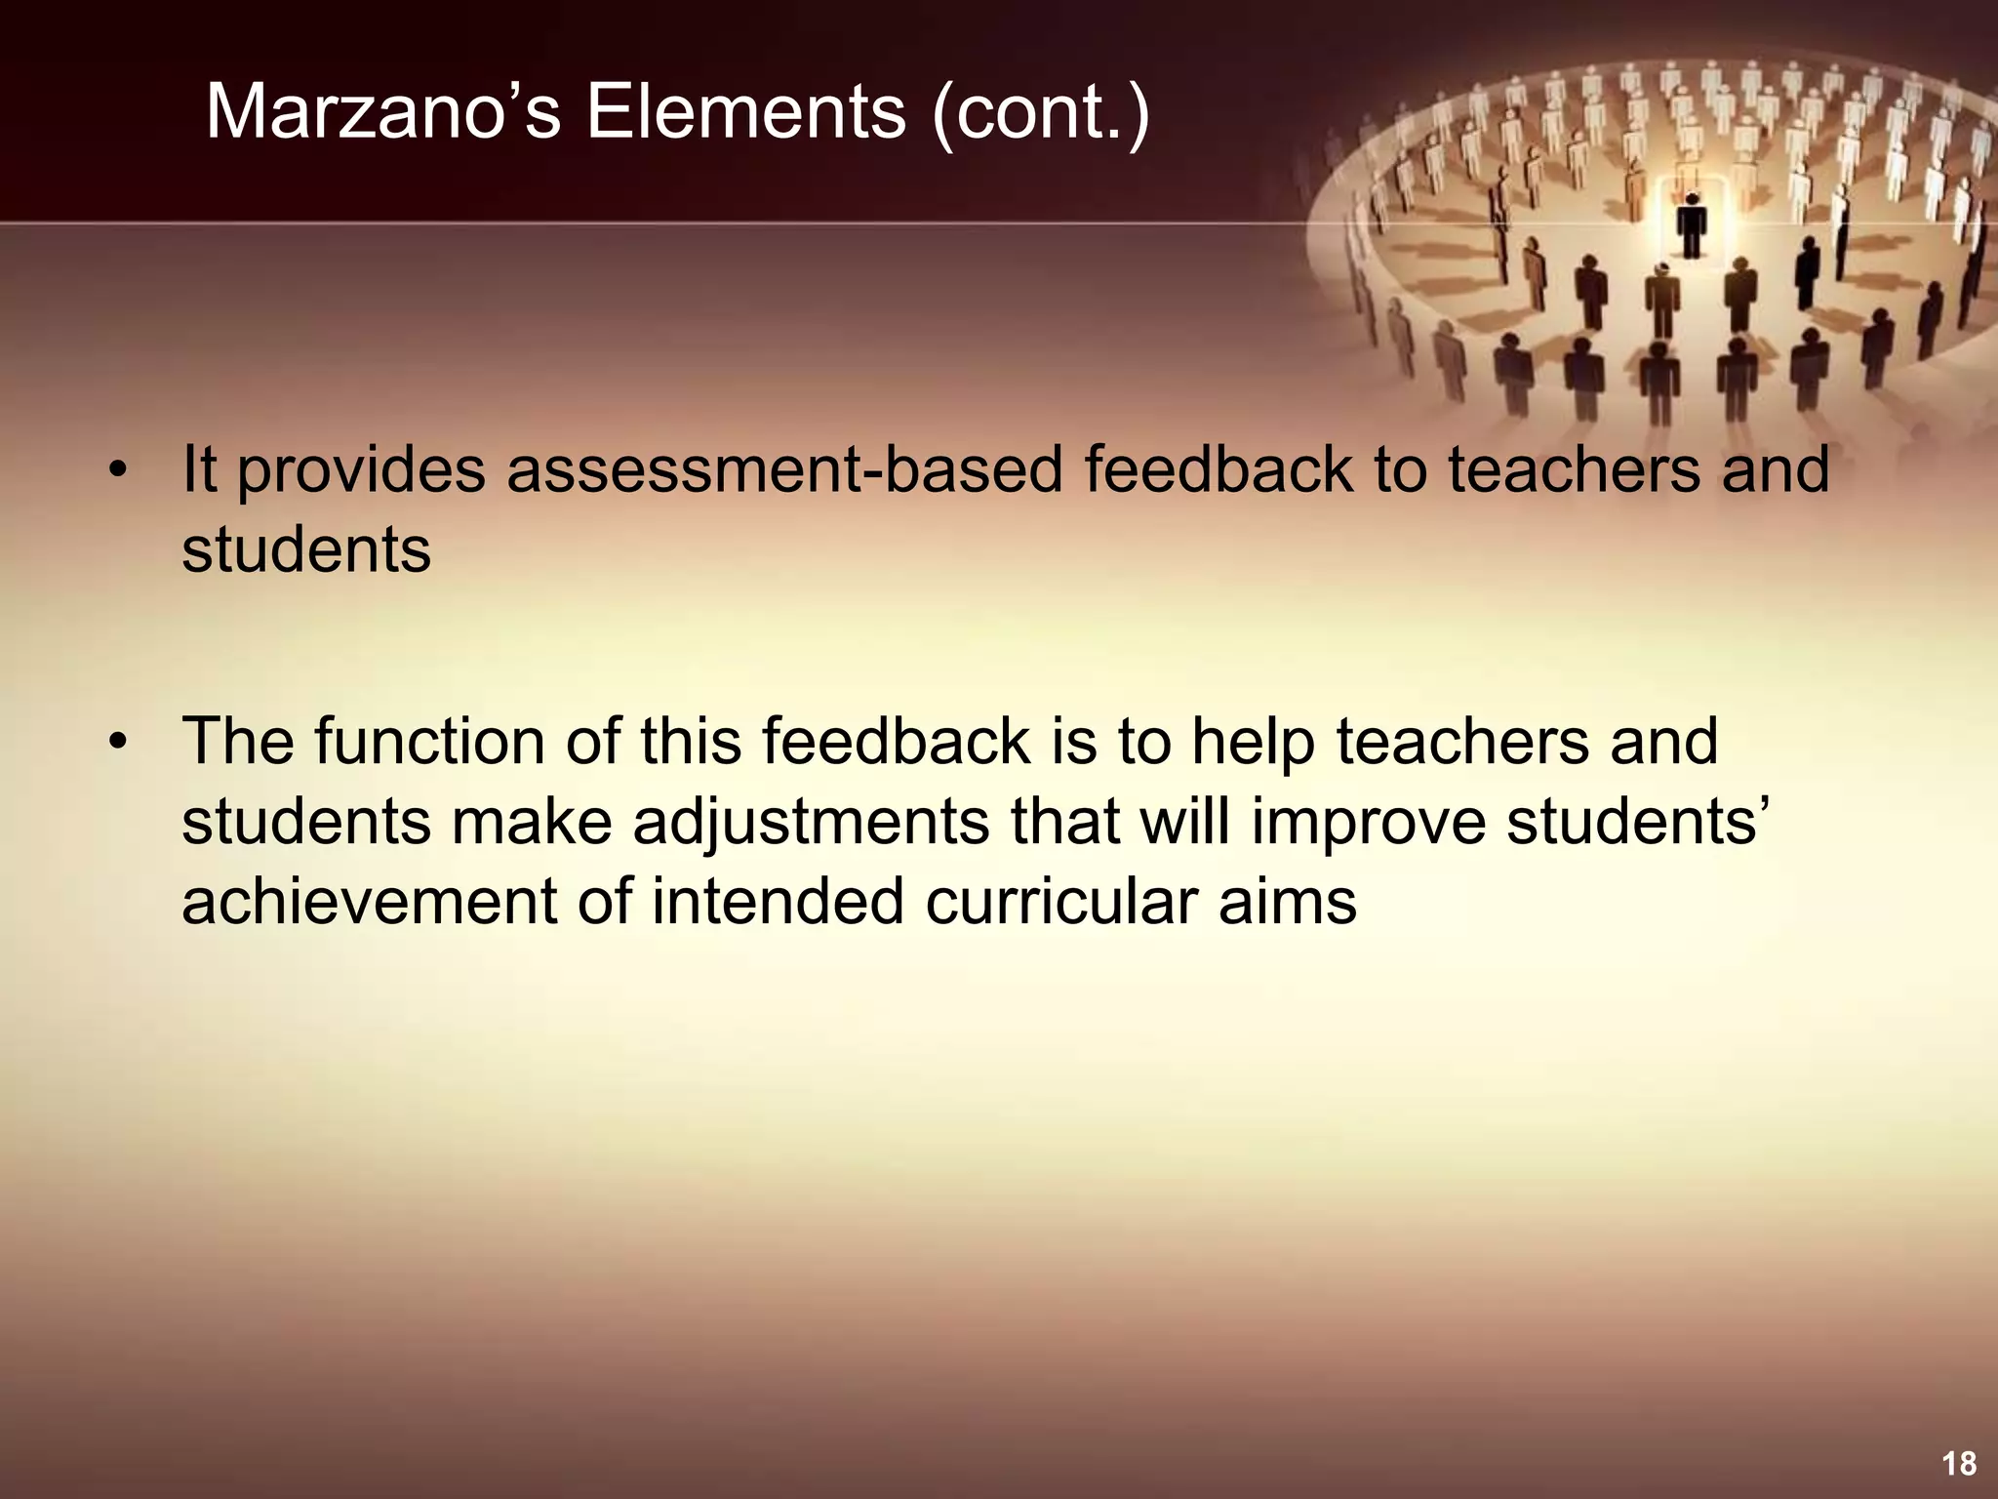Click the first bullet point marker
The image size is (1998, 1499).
click(118, 470)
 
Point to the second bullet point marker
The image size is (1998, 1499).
click(118, 742)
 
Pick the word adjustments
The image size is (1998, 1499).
click(811, 823)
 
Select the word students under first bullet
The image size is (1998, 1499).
click(305, 549)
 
